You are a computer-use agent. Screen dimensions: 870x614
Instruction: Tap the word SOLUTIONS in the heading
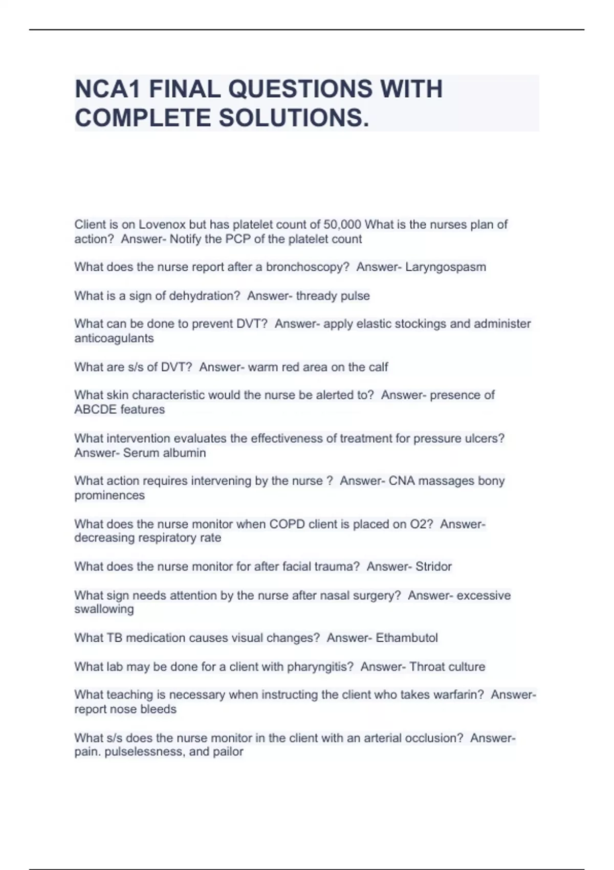pyautogui.click(x=294, y=118)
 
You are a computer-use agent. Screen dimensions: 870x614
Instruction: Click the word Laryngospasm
pyautogui.click(x=446, y=267)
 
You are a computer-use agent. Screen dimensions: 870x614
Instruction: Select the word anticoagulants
pyautogui.click(x=114, y=338)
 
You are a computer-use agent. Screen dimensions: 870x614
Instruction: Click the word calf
pyautogui.click(x=378, y=367)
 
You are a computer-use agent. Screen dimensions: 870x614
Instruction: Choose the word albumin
pyautogui.click(x=186, y=453)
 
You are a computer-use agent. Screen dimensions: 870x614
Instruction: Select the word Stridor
pyautogui.click(x=433, y=567)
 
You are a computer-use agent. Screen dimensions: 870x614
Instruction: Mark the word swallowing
pyautogui.click(x=104, y=609)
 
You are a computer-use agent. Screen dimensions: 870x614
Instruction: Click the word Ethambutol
pyautogui.click(x=407, y=638)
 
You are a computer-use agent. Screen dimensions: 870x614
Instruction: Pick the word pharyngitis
pyautogui.click(x=320, y=667)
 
